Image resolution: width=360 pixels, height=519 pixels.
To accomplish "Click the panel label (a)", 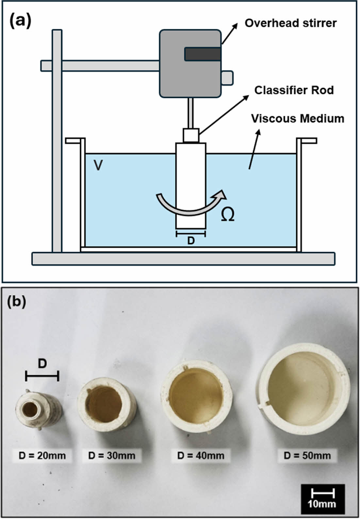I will point(20,21).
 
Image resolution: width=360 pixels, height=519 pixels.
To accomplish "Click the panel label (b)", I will point(16,301).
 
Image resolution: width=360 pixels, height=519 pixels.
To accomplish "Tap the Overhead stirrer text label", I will point(290,23).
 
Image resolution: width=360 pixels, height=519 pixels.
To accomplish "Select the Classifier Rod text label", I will point(294,90).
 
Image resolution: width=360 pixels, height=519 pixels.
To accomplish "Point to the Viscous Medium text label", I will point(298,118).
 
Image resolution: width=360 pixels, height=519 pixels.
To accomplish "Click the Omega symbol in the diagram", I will point(227,215).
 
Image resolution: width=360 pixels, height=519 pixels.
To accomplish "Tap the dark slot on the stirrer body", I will point(202,54).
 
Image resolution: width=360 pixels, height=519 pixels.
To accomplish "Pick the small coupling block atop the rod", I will point(191,135).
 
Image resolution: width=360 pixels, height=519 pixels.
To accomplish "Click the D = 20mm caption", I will point(42,455).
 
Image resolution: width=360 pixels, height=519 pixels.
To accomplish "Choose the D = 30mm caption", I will point(112,455).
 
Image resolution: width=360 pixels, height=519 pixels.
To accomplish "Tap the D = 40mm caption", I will point(201,455).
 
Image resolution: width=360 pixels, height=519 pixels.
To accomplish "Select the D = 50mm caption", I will point(307,455).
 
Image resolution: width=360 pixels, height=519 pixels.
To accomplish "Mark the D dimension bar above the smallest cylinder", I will point(42,376).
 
